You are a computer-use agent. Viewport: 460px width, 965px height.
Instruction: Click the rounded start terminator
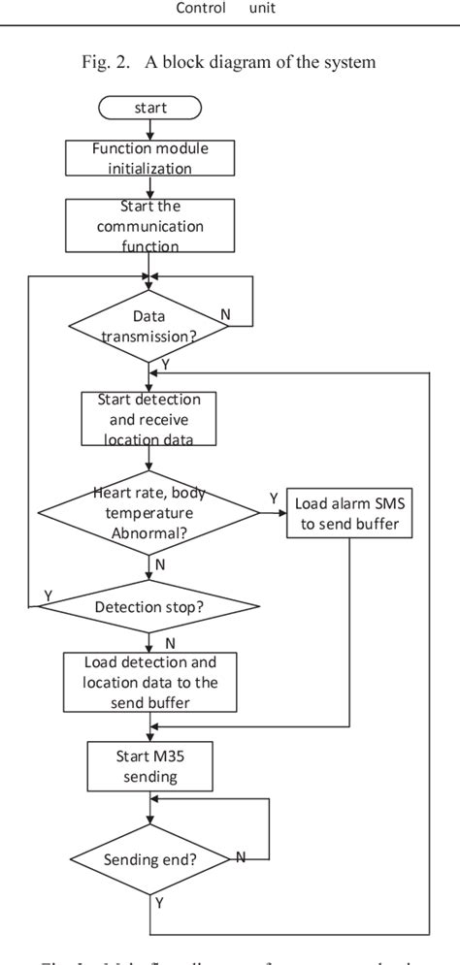[150, 108]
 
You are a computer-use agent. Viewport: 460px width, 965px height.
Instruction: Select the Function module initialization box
[150, 158]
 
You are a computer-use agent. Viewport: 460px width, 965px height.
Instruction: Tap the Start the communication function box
[149, 226]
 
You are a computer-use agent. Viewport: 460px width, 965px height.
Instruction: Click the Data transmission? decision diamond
[149, 327]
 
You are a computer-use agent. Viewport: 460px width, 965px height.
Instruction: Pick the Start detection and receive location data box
[148, 419]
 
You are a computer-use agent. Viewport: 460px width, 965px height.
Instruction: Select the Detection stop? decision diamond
[148, 607]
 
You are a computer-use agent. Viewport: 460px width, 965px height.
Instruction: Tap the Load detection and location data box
[150, 683]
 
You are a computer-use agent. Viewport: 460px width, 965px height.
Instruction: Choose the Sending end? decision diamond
[149, 858]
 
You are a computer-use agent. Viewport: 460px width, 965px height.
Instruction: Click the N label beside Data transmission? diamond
[224, 315]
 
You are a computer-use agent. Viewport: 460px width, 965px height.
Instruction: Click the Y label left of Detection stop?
[48, 595]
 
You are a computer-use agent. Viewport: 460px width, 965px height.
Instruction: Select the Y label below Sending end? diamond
[158, 904]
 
